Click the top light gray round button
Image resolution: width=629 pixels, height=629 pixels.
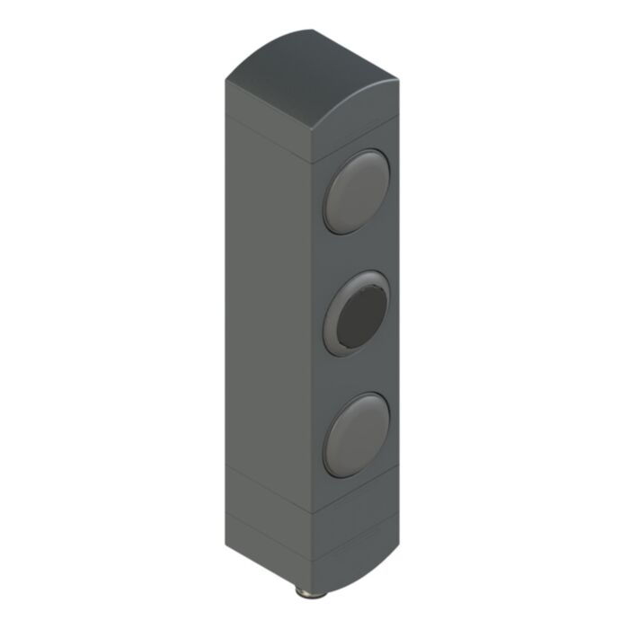coord(357,191)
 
